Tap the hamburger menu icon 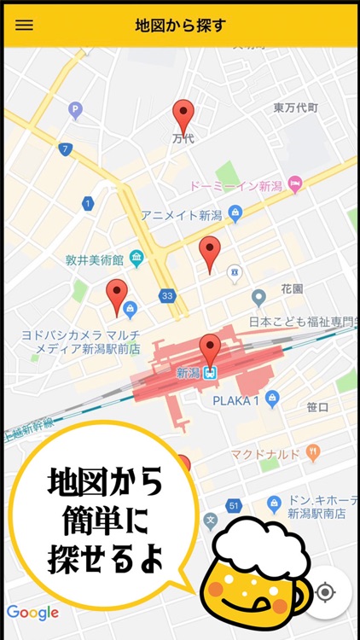[25, 25]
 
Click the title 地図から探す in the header [180, 25]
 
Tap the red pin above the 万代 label [183, 115]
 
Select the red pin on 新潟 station [210, 350]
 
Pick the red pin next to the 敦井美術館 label [117, 296]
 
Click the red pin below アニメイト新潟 [210, 253]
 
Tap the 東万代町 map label [295, 108]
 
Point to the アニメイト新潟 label [181, 215]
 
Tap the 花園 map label [292, 289]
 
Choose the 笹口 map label [317, 408]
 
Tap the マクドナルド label [265, 453]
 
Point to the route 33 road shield [167, 296]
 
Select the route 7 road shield [65, 149]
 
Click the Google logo [32, 612]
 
